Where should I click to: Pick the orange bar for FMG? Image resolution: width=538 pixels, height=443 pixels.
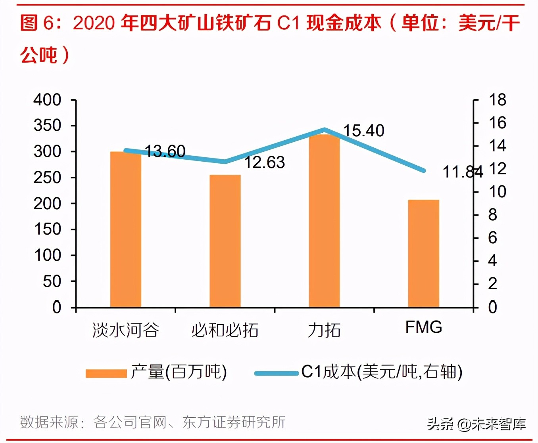coord(423,254)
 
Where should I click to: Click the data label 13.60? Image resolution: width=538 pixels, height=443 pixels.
coord(165,151)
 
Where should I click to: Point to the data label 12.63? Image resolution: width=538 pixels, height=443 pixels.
coord(264,162)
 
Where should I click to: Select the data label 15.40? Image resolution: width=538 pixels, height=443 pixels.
coord(363,131)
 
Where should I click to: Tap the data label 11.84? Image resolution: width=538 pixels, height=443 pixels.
coord(463,172)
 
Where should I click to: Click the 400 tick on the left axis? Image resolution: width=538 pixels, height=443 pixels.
coord(47,100)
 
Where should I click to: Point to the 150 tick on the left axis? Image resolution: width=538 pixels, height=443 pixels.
coord(47,229)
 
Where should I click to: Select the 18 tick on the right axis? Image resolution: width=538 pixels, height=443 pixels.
coord(497,100)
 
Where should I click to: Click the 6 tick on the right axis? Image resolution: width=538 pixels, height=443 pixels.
coord(492,238)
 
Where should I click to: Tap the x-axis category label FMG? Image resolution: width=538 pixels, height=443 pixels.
coord(423,327)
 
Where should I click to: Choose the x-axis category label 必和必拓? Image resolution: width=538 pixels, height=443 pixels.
coord(225,330)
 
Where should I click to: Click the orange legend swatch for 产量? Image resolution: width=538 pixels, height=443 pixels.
coord(106,373)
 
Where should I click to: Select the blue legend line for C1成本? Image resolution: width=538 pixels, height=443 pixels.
coord(276,373)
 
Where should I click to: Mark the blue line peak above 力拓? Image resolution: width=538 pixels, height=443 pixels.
coord(325,130)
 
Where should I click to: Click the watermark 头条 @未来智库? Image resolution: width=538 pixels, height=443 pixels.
coord(477,424)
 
